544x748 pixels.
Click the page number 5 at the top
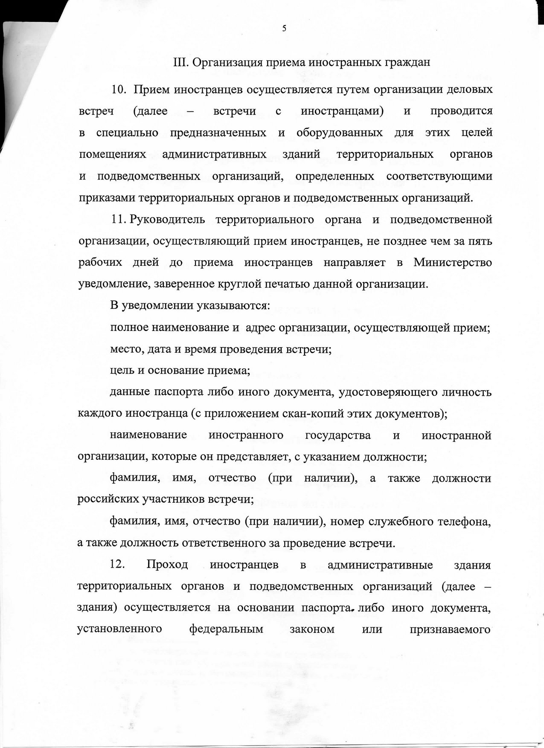pyautogui.click(x=284, y=29)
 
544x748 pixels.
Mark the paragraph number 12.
pyautogui.click(x=117, y=565)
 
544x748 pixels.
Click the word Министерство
pyautogui.click(x=453, y=263)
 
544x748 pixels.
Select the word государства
pyautogui.click(x=338, y=435)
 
